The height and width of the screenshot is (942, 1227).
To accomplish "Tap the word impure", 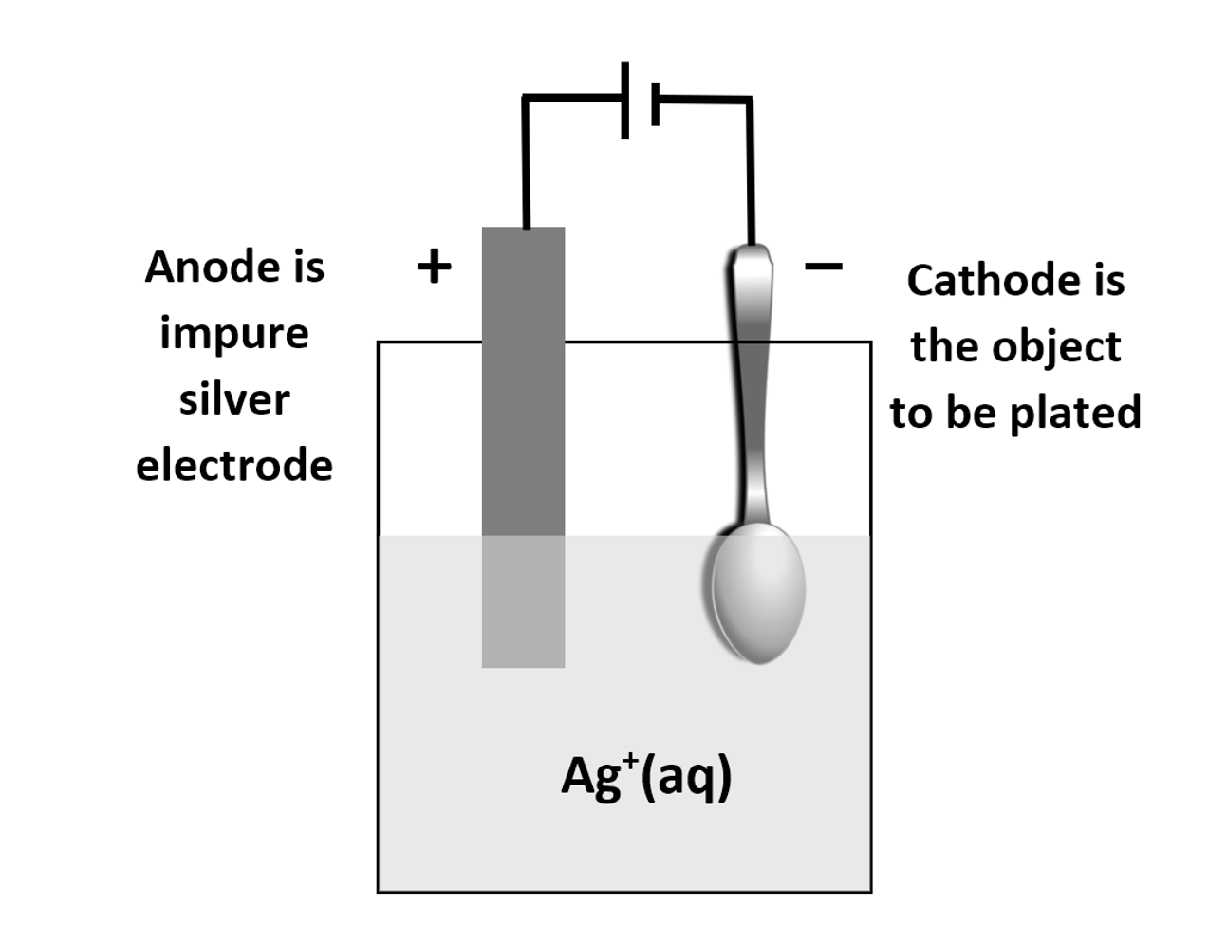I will (x=233, y=333).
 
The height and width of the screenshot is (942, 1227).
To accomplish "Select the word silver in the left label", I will (x=233, y=399).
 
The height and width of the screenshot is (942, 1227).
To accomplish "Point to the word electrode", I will (x=233, y=466).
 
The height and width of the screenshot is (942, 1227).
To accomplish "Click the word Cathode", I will (x=987, y=281).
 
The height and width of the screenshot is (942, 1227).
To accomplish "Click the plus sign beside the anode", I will (x=434, y=267).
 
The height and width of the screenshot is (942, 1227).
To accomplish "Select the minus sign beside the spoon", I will (x=823, y=267).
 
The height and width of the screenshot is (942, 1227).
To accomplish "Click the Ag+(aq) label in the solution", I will (x=646, y=778).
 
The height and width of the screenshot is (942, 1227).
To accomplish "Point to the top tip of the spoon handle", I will (x=752, y=252).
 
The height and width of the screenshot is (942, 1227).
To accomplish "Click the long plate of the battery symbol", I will (x=624, y=100).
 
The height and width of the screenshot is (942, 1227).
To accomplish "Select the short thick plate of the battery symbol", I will (x=655, y=103).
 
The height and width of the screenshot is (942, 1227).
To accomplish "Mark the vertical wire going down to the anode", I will (x=525, y=161).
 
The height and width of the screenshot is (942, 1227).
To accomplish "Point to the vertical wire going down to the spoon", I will (x=751, y=171).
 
